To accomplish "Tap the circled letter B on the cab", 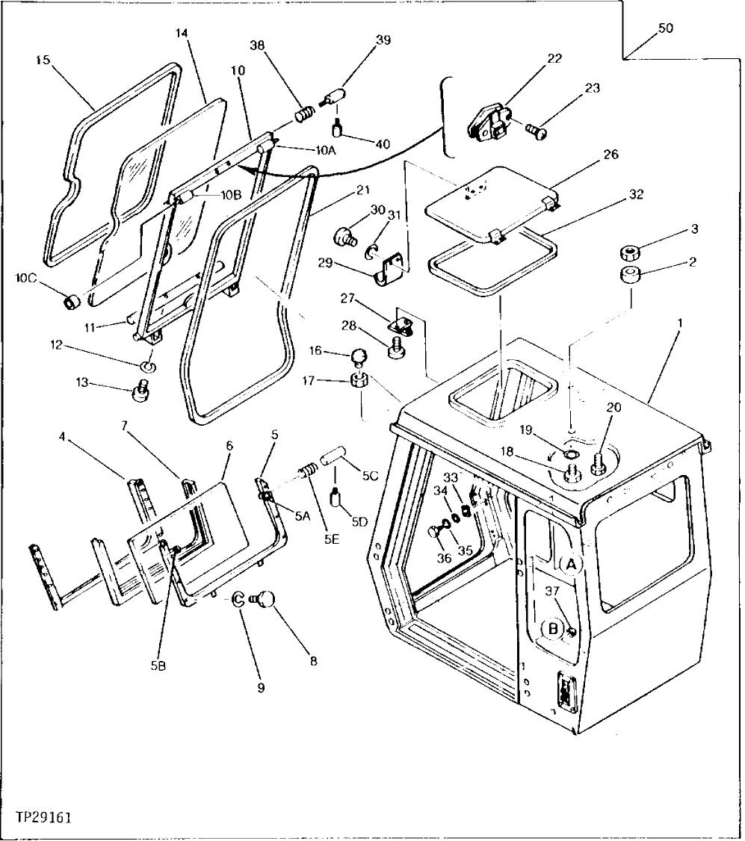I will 553,629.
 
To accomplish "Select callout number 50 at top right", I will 665,28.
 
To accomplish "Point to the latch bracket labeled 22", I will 489,122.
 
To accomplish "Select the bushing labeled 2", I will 630,275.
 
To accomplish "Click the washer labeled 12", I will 149,366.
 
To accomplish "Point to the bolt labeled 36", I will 435,533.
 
